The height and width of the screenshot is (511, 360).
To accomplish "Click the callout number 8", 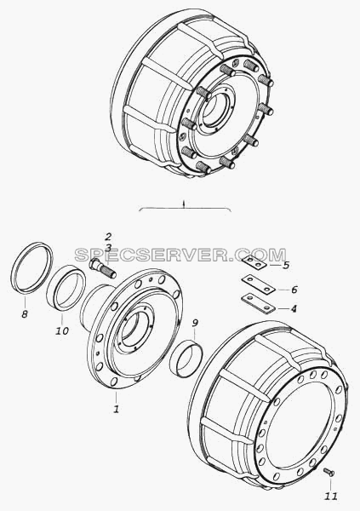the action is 25,314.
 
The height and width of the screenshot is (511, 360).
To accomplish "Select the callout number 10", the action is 62,330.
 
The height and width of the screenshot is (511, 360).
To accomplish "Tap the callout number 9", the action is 195,323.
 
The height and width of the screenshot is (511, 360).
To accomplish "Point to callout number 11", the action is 331,496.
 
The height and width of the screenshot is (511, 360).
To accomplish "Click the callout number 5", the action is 286,265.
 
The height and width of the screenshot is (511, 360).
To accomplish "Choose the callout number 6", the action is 294,290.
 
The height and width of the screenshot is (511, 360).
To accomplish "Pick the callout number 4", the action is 294,308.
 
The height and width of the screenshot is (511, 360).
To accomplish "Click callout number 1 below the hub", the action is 116,409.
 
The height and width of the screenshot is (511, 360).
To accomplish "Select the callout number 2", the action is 108,237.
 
